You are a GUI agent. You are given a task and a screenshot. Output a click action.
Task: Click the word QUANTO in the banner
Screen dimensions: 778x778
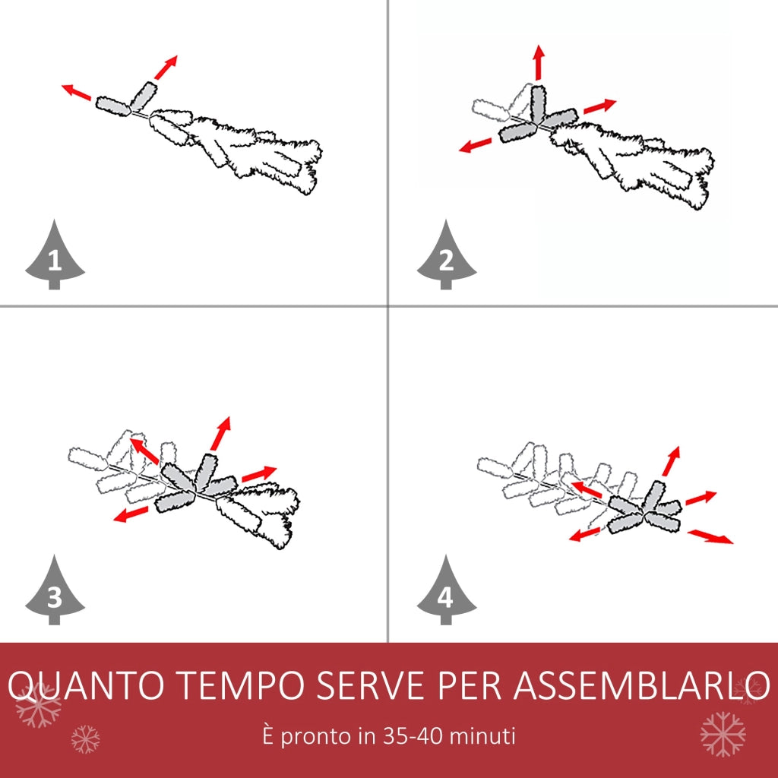click(85, 686)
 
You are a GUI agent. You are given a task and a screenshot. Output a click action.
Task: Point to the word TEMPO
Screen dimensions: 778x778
click(240, 685)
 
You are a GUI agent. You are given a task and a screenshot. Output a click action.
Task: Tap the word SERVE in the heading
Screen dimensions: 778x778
click(371, 685)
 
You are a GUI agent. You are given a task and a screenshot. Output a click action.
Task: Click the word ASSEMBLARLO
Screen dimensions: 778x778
click(641, 685)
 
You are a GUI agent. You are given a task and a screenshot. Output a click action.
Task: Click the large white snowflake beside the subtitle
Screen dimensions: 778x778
click(723, 735)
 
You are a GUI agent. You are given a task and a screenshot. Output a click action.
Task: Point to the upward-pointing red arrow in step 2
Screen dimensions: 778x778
click(539, 62)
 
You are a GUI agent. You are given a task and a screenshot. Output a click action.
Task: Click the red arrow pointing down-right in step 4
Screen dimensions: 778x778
click(710, 536)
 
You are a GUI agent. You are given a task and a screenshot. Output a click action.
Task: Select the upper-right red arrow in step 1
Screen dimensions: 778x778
click(166, 68)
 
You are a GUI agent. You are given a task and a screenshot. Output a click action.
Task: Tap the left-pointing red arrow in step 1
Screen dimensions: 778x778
click(77, 92)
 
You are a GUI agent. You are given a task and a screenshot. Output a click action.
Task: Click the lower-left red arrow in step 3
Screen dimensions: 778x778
click(131, 514)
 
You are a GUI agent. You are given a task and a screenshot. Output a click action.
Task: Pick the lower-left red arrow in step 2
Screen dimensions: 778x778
click(475, 145)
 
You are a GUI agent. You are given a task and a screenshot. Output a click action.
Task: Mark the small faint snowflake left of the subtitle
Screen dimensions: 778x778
click(85, 739)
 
